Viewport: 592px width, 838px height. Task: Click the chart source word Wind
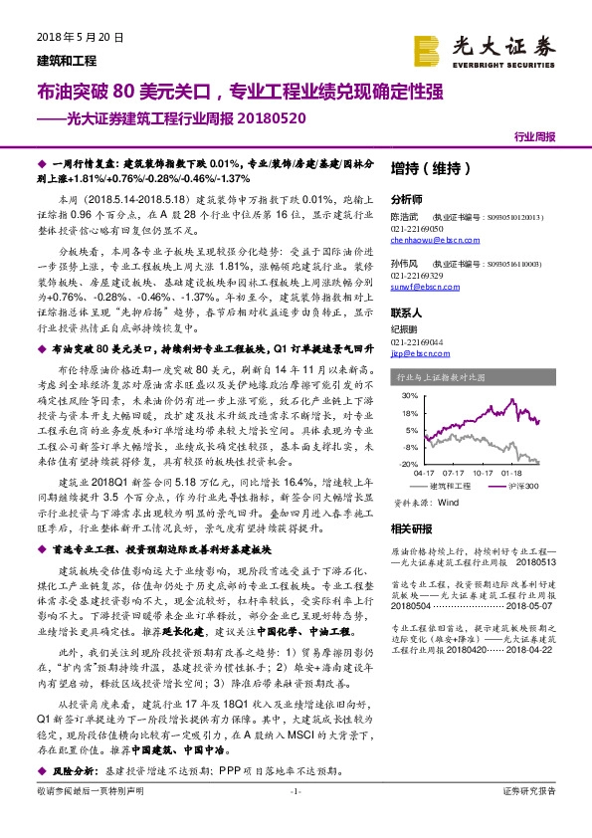click(447, 503)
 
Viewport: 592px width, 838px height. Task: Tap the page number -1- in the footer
click(296, 818)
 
